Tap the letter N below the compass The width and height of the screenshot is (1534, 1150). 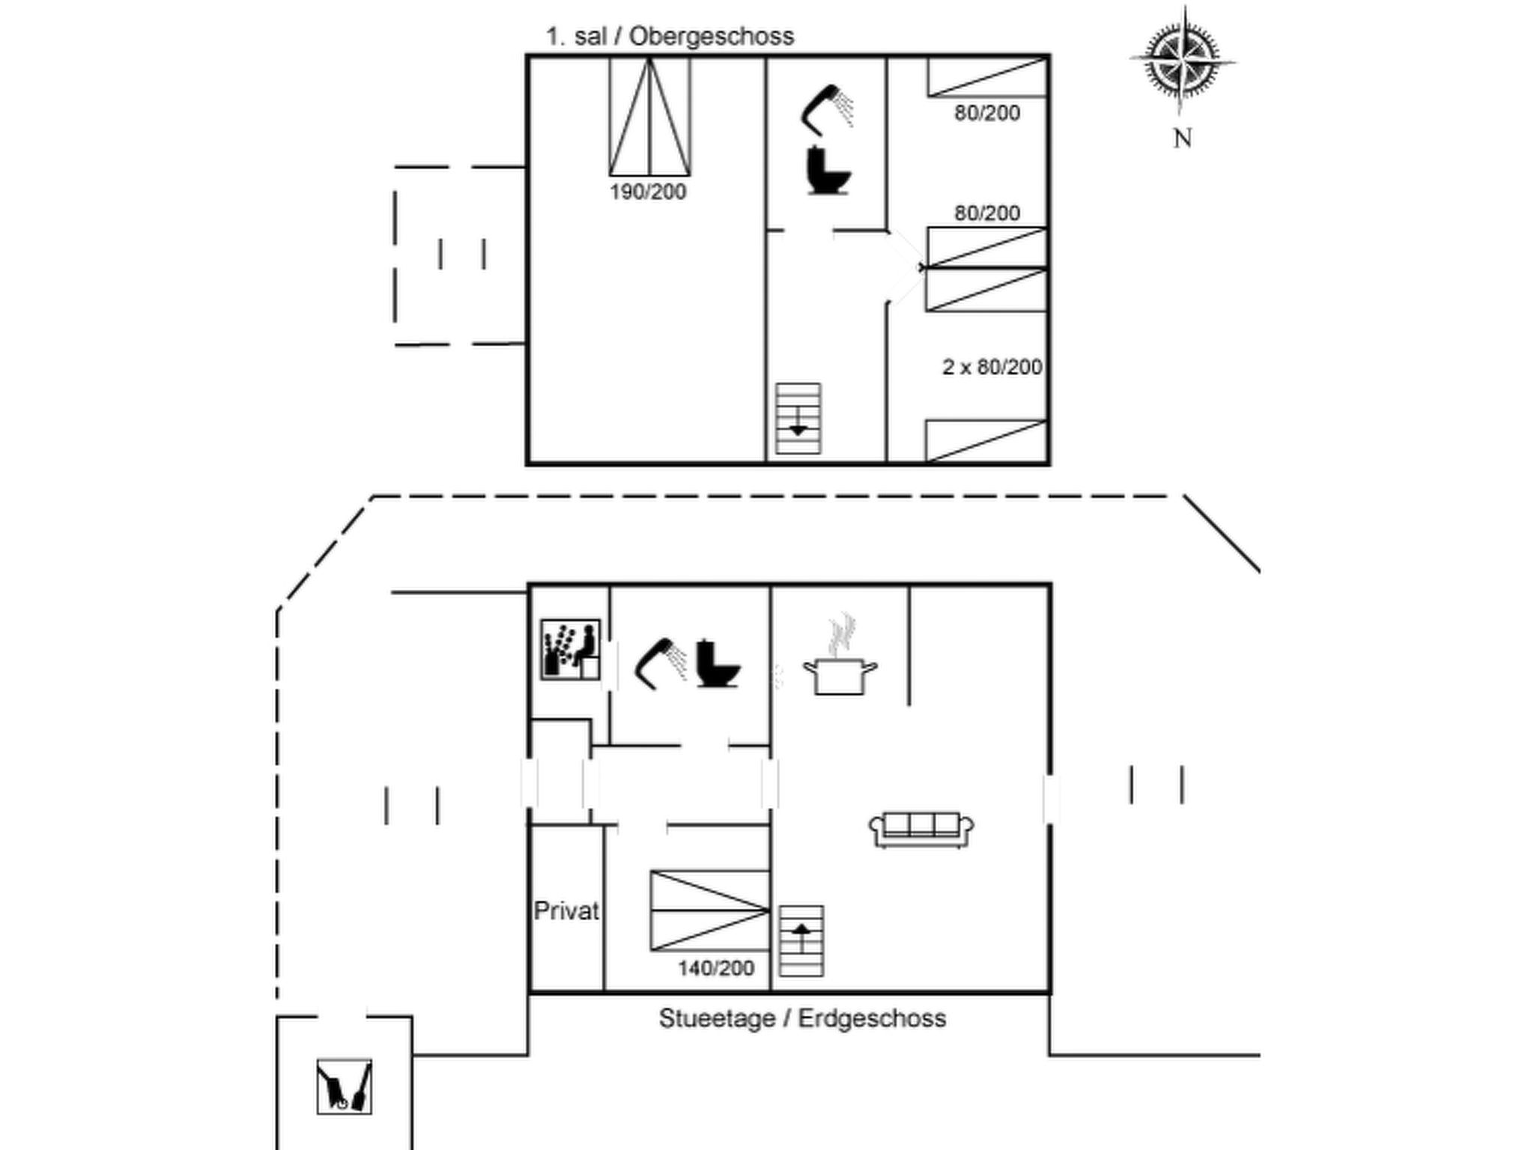click(x=1182, y=139)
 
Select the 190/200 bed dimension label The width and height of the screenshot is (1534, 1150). click(x=648, y=192)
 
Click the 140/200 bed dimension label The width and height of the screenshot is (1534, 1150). click(x=716, y=969)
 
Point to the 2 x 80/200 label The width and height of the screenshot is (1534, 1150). click(x=992, y=367)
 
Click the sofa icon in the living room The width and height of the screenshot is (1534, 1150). click(x=921, y=829)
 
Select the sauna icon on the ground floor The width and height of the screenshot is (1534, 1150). click(x=571, y=649)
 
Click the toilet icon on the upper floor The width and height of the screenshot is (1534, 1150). click(x=828, y=171)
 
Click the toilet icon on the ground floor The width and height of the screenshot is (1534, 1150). click(x=717, y=663)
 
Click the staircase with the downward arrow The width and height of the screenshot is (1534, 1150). click(x=798, y=419)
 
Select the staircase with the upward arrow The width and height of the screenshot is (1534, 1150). click(x=801, y=941)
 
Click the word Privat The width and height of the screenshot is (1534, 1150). click(x=566, y=911)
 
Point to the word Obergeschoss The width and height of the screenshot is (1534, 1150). click(x=712, y=36)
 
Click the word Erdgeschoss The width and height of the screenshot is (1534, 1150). click(x=872, y=1019)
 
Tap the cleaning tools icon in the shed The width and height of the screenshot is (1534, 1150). click(x=344, y=1086)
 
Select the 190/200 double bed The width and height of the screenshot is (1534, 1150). click(x=649, y=117)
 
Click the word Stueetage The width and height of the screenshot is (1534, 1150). click(x=717, y=1019)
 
